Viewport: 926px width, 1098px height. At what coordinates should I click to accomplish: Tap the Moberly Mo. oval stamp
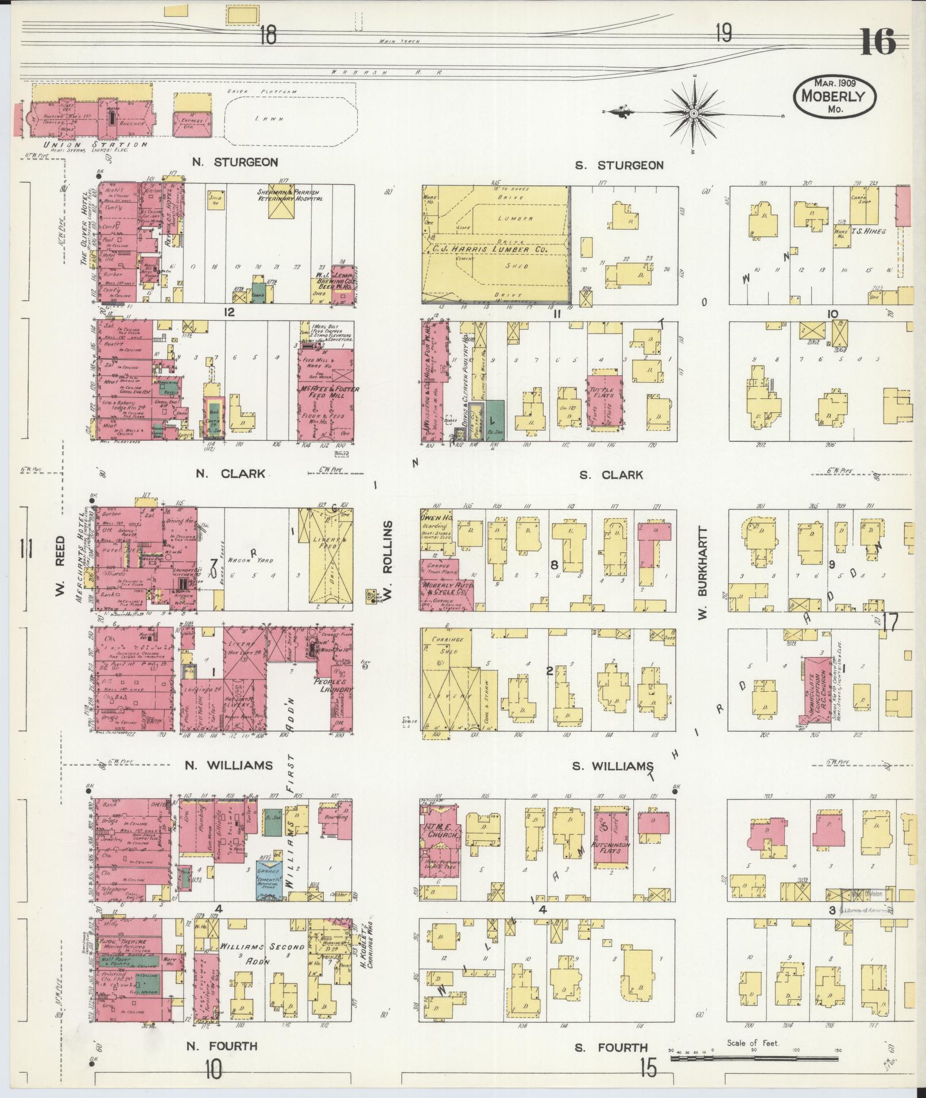[835, 96]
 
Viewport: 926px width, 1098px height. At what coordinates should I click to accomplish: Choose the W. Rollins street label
[388, 563]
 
